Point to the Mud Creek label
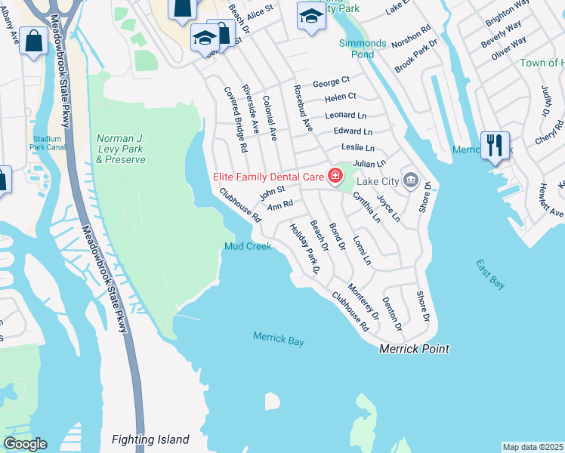pos(248,247)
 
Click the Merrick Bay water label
pos(279,339)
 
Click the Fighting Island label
pos(150,439)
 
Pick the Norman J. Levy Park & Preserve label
pos(120,149)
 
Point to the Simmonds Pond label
pos(362,49)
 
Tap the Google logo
pos(25,444)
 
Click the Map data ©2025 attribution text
pos(533,447)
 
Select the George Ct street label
pos(332,79)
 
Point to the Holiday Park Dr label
pos(306,248)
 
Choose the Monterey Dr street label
pos(363,301)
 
